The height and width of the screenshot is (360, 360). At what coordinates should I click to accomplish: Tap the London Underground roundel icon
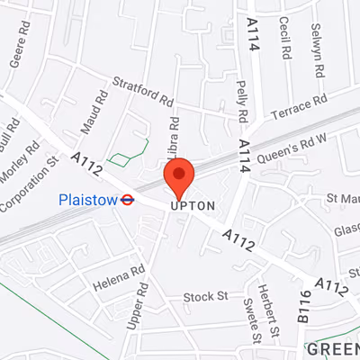pyautogui.click(x=128, y=200)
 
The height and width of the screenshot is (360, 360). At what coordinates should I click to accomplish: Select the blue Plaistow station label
pyautogui.click(x=88, y=200)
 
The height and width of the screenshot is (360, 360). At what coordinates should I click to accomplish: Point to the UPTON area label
pyautogui.click(x=193, y=206)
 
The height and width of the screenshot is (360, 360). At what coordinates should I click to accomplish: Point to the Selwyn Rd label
pyautogui.click(x=317, y=37)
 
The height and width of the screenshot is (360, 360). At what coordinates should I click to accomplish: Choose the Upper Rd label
pyautogui.click(x=138, y=306)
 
